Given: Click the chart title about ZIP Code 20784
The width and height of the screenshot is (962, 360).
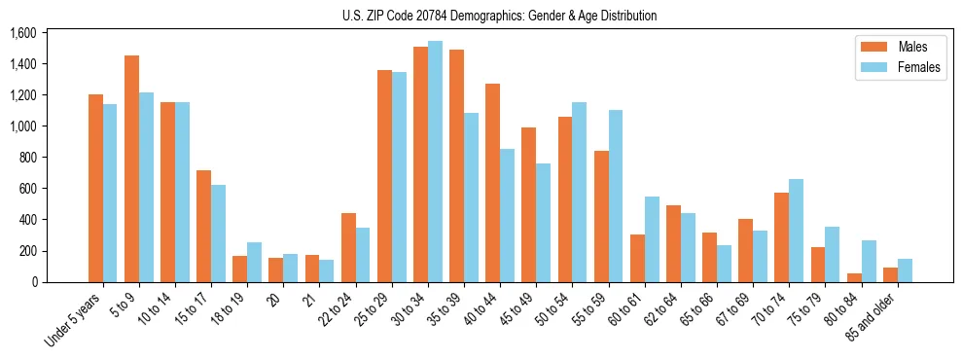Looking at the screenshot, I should point(499,16).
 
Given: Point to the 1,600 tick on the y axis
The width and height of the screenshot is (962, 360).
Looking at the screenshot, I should point(22,33).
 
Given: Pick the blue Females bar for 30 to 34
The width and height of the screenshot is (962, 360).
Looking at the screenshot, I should point(435,162).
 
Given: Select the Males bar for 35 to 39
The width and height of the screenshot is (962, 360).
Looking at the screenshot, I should point(456,166).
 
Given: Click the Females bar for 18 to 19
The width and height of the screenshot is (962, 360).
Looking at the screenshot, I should point(254,263).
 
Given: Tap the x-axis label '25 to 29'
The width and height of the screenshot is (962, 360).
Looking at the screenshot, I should point(374,309).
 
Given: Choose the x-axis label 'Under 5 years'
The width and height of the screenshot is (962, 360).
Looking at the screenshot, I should point(74,321).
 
